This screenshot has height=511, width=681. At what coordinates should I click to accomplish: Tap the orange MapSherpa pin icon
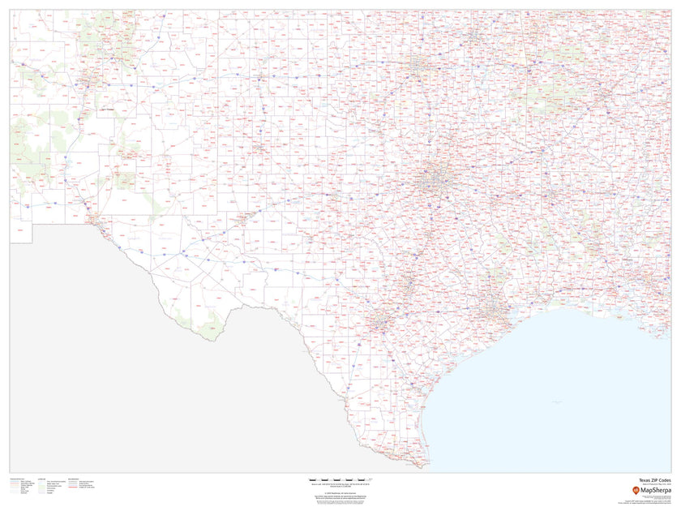tap(635, 491)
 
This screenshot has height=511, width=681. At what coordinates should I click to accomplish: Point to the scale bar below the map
tap(341, 480)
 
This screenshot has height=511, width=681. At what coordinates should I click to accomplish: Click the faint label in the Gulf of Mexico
tap(556, 401)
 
